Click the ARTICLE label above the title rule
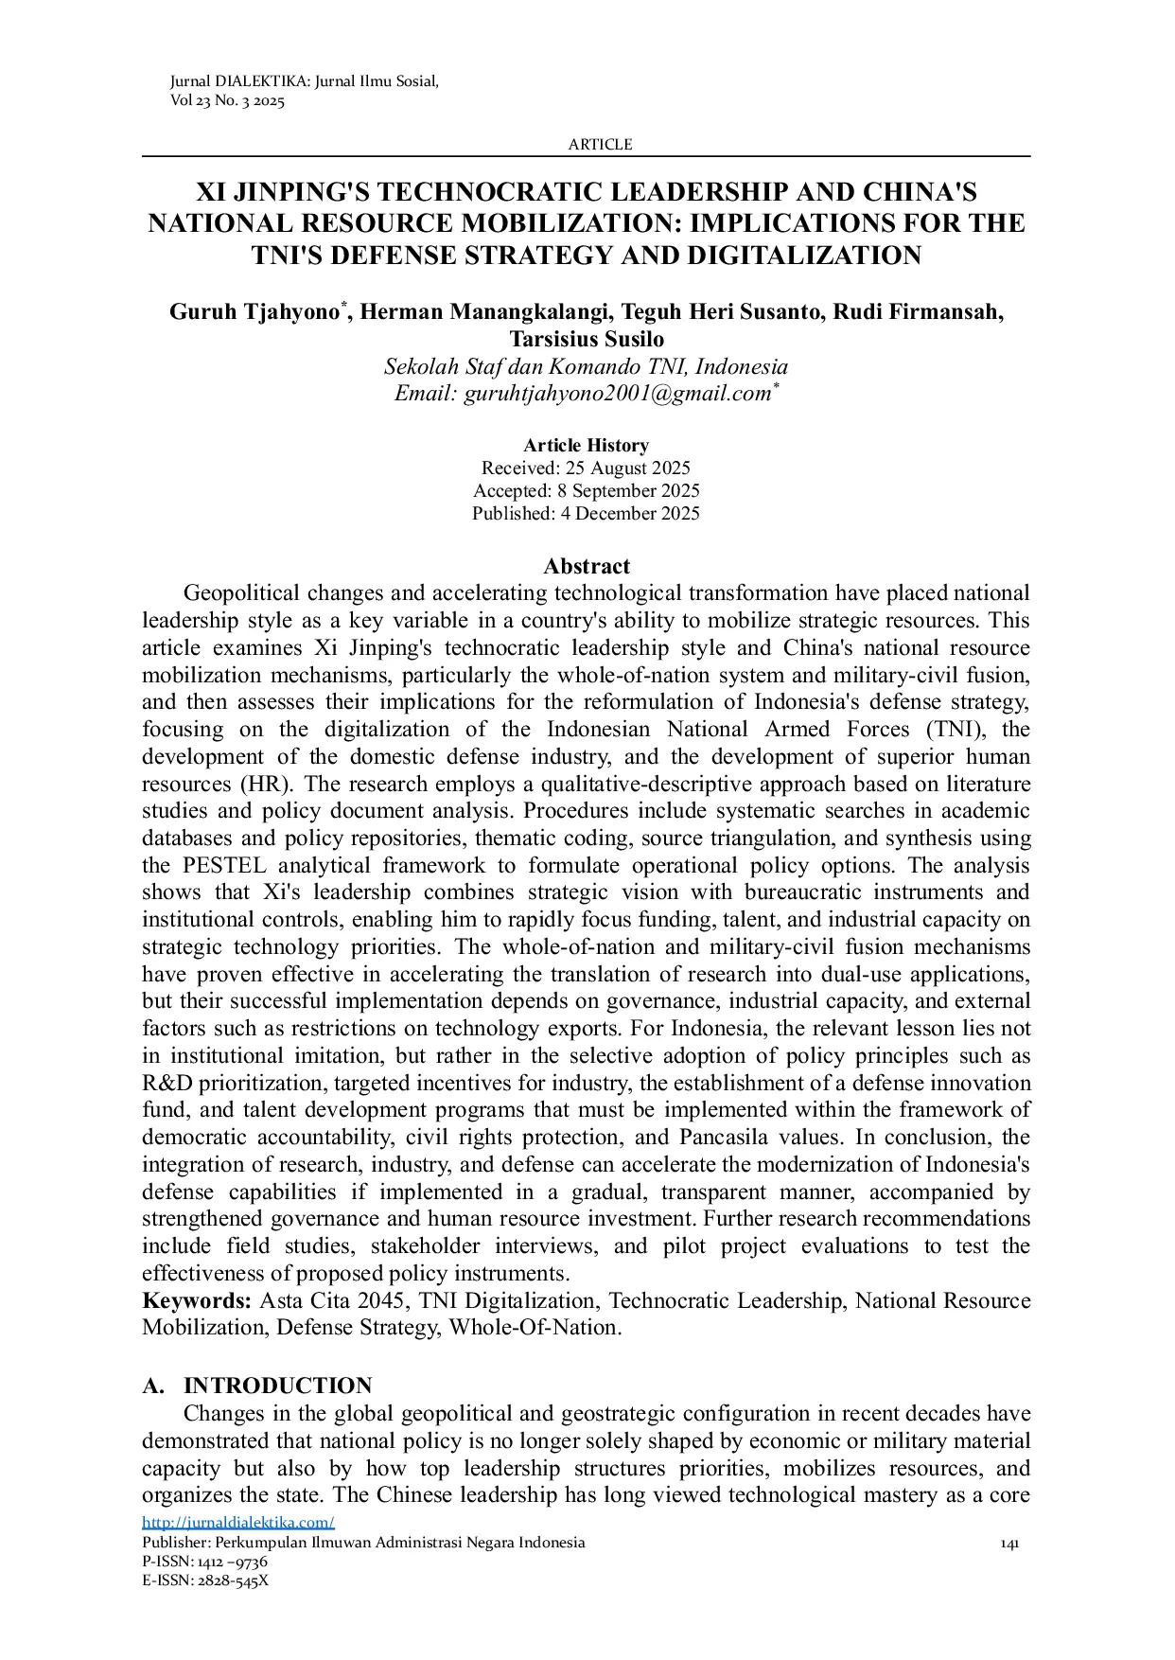[x=600, y=145]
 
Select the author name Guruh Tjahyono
[x=255, y=312]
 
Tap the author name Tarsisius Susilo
[x=587, y=339]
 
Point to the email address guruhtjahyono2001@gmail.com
[x=617, y=394]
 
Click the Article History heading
[x=587, y=446]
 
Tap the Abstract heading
[x=587, y=566]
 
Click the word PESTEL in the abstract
[x=224, y=866]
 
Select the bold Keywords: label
[x=197, y=1301]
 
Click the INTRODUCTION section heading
[x=277, y=1386]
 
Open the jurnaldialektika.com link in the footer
[x=238, y=1523]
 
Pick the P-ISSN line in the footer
[x=204, y=1562]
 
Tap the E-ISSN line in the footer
[x=205, y=1581]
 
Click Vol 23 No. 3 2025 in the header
[x=227, y=101]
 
